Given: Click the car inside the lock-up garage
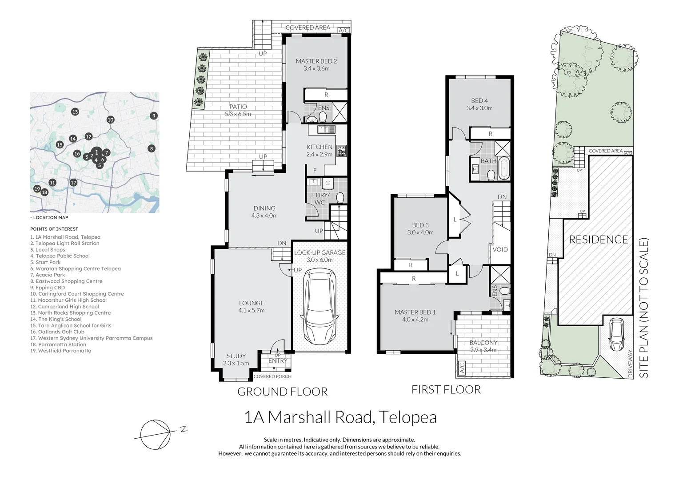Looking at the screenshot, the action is [320, 306].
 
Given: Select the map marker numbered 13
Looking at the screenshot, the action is [75, 112].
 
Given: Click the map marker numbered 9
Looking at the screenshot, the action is [154, 116].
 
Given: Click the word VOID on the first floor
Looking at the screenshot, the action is [500, 249].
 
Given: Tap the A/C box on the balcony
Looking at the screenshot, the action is [462, 368].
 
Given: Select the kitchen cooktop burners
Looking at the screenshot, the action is [342, 150].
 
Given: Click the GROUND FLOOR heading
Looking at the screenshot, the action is [282, 392].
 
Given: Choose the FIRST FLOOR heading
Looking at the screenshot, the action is [446, 390].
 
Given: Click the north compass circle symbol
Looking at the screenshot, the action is [155, 434].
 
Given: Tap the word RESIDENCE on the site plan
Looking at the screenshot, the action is [598, 240].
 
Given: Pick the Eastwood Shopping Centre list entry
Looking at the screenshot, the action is [66, 281].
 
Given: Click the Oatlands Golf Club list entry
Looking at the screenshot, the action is [57, 332].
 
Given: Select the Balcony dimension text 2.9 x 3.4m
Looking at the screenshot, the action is [483, 350].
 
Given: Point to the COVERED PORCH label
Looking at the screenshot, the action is [272, 376].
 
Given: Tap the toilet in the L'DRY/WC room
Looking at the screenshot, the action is [340, 198].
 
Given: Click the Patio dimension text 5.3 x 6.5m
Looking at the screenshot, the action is [238, 114].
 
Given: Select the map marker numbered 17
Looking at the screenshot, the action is [73, 183].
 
